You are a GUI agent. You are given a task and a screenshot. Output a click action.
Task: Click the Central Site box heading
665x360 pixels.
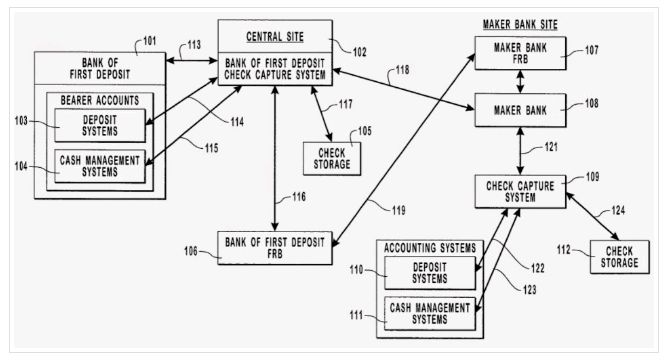[275, 37]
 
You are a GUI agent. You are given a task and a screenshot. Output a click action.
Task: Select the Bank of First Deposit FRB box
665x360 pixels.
[275, 248]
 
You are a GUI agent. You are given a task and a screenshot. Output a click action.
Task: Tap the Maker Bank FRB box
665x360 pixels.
[520, 53]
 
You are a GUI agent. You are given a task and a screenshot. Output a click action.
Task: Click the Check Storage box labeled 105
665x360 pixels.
[332, 159]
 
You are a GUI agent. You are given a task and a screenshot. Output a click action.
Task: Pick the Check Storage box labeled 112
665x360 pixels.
[619, 257]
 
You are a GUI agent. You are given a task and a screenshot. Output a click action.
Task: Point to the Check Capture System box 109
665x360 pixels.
[520, 192]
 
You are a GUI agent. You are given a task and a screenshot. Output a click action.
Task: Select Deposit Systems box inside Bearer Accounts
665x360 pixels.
[100, 126]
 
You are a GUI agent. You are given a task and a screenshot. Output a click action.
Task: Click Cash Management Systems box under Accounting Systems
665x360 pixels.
[430, 313]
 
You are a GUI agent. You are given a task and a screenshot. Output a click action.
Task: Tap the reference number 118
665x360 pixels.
[402, 70]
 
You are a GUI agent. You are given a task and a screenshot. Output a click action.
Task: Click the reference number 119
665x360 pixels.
[398, 210]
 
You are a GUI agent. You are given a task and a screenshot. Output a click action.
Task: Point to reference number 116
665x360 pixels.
[299, 197]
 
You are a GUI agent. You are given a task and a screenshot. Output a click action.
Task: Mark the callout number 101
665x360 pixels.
[149, 41]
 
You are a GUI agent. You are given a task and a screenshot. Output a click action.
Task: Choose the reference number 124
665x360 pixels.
[618, 210]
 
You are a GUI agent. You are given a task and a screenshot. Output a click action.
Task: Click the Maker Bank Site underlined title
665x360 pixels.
[520, 25]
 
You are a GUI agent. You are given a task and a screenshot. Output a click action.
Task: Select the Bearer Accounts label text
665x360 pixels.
[100, 100]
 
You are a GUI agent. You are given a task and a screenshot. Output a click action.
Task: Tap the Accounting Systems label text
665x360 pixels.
[430, 248]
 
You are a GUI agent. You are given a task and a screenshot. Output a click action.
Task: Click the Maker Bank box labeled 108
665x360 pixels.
[520, 110]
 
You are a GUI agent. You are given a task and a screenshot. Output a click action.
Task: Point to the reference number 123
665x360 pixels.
[529, 290]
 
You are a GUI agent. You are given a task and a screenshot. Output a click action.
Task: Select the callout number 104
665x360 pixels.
[21, 166]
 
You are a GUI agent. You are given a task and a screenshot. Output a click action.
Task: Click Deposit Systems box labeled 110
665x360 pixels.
[430, 273]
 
